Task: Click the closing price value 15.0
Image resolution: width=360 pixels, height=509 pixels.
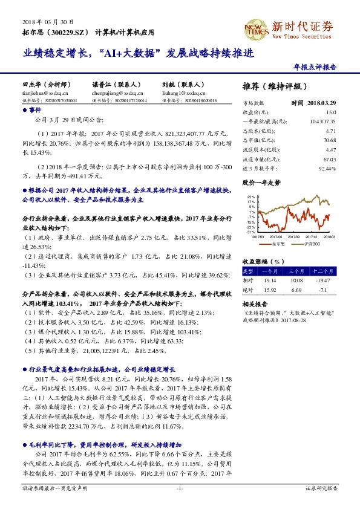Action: tap(331, 112)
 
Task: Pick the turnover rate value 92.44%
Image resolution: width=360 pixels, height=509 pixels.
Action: tap(327, 167)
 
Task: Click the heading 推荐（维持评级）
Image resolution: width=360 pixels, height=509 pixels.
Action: tap(269, 85)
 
